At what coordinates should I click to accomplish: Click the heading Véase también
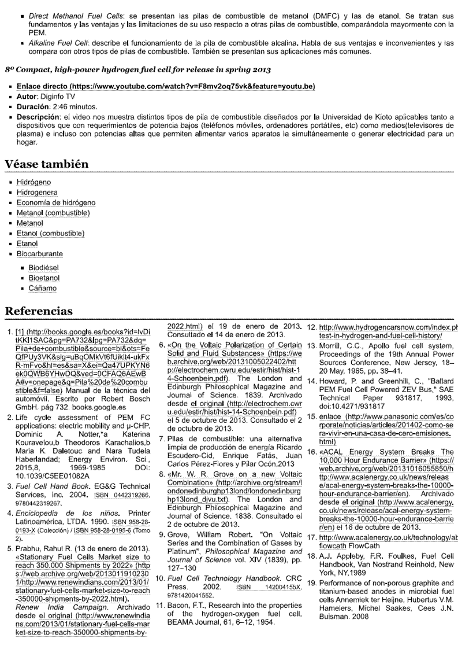coord(47,164)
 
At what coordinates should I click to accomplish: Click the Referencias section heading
coord(39,311)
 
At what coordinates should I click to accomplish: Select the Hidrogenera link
coord(37,192)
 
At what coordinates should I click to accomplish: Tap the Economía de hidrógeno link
coord(56,202)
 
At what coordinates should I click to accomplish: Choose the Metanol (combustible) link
coord(53,213)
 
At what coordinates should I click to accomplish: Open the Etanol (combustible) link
coord(50,233)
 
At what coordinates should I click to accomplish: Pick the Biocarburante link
coord(40,253)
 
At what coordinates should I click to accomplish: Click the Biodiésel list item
coord(43,268)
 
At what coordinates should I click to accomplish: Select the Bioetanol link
coord(44,278)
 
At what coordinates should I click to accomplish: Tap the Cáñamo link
coord(43,288)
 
